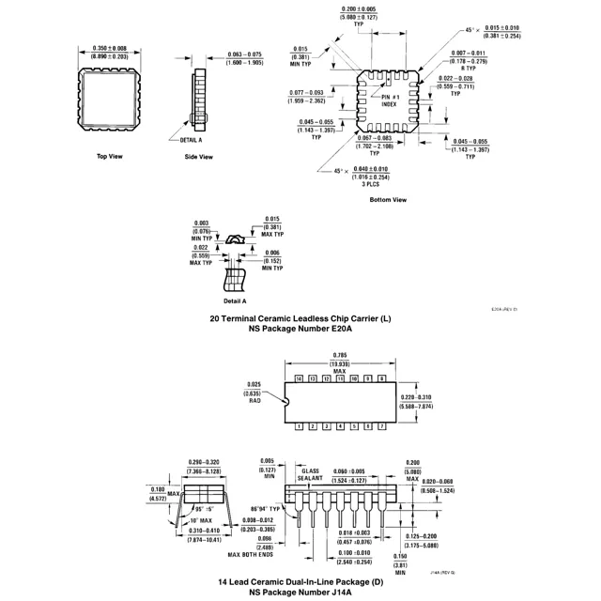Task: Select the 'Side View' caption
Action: [x=198, y=156]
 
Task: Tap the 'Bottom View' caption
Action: [x=388, y=199]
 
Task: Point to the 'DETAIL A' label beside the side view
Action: [x=191, y=139]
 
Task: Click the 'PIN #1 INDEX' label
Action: [x=389, y=101]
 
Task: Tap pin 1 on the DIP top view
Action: [x=300, y=426]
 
